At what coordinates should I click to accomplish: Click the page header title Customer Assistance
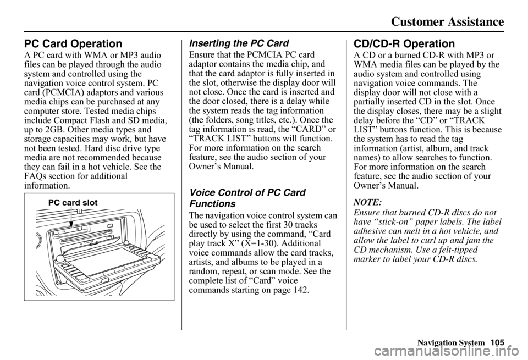pyautogui.click(x=448, y=21)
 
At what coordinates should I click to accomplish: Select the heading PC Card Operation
pyautogui.click(x=73, y=44)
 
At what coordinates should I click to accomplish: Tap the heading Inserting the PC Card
pyautogui.click(x=239, y=43)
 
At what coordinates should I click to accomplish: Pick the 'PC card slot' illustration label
pyautogui.click(x=73, y=203)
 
